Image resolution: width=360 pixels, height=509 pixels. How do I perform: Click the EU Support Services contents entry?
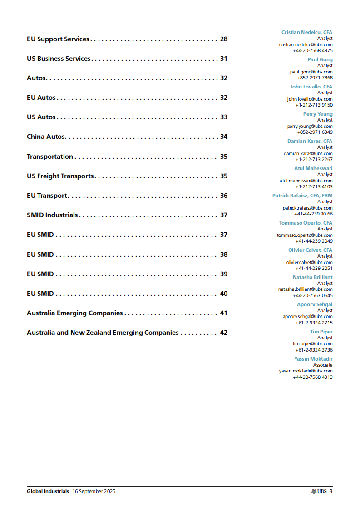(x=58, y=39)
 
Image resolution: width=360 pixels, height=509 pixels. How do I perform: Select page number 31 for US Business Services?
(x=223, y=59)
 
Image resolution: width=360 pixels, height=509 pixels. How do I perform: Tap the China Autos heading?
(x=46, y=137)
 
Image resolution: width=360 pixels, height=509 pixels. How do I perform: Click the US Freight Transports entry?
(x=60, y=176)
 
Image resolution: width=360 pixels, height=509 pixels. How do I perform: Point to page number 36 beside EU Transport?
(x=223, y=196)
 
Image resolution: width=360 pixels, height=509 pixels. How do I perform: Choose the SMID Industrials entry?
(x=52, y=215)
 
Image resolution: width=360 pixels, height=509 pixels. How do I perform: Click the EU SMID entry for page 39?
(x=40, y=274)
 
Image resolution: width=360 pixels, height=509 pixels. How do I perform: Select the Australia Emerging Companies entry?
(x=75, y=313)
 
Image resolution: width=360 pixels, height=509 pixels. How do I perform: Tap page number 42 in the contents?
(x=223, y=333)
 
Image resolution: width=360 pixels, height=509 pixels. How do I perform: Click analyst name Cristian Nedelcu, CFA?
(x=306, y=32)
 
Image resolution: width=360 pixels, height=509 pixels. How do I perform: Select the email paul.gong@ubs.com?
(x=311, y=72)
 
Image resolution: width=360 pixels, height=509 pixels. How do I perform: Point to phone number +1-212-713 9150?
(x=314, y=105)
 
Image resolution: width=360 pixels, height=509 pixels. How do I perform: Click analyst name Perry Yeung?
(x=318, y=114)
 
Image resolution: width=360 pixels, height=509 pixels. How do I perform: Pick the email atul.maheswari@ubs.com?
(x=306, y=181)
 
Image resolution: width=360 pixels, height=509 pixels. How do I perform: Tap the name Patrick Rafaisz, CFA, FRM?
(x=302, y=196)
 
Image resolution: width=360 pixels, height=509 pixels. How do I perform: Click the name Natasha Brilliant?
(x=312, y=277)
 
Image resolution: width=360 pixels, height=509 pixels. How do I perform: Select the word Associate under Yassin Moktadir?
(x=322, y=365)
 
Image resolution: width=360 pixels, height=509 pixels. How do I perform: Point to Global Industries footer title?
(x=48, y=491)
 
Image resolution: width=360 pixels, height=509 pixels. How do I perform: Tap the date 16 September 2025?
(x=94, y=491)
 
